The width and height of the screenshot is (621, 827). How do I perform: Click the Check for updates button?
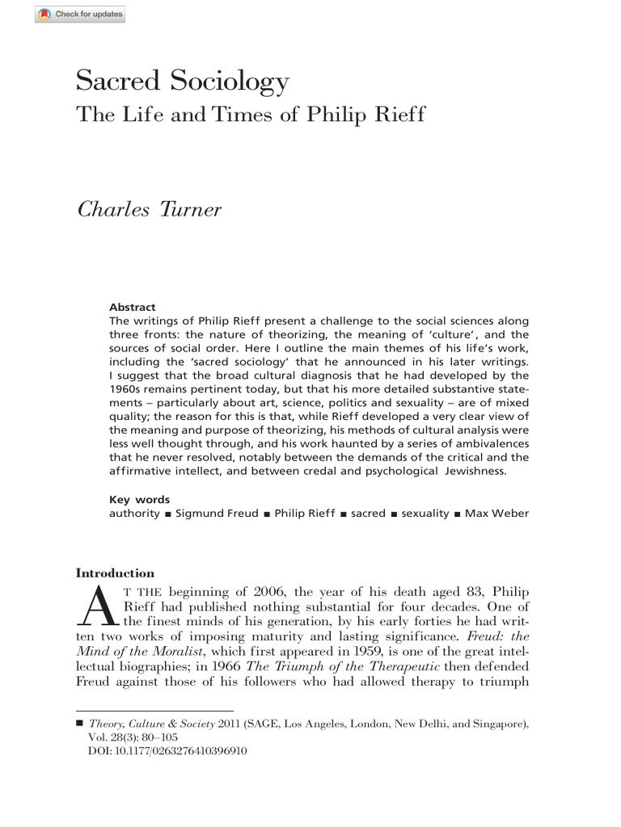(79, 15)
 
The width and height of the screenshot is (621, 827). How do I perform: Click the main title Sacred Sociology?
(182, 81)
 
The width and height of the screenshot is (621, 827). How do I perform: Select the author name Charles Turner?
(149, 210)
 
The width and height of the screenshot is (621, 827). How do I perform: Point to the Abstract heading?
(132, 307)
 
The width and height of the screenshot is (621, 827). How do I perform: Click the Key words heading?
(139, 500)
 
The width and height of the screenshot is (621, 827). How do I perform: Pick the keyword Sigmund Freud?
(217, 514)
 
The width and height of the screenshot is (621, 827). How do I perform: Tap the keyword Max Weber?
(496, 514)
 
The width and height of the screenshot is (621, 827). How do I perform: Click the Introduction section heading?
(115, 573)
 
